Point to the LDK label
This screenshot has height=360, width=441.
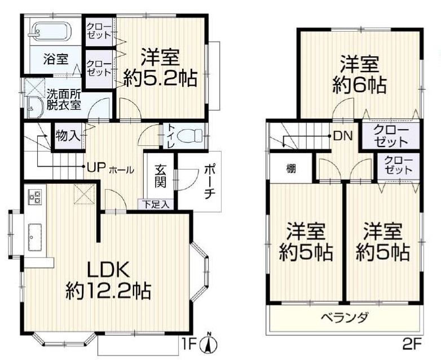pyautogui.click(x=109, y=269)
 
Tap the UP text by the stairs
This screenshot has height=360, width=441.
pyautogui.click(x=93, y=167)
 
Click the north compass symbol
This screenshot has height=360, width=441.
pyautogui.click(x=209, y=343)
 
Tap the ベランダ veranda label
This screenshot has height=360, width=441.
pyautogui.click(x=345, y=318)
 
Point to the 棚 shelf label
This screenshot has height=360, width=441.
pyautogui.click(x=289, y=168)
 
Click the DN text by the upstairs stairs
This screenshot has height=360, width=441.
pyautogui.click(x=341, y=136)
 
